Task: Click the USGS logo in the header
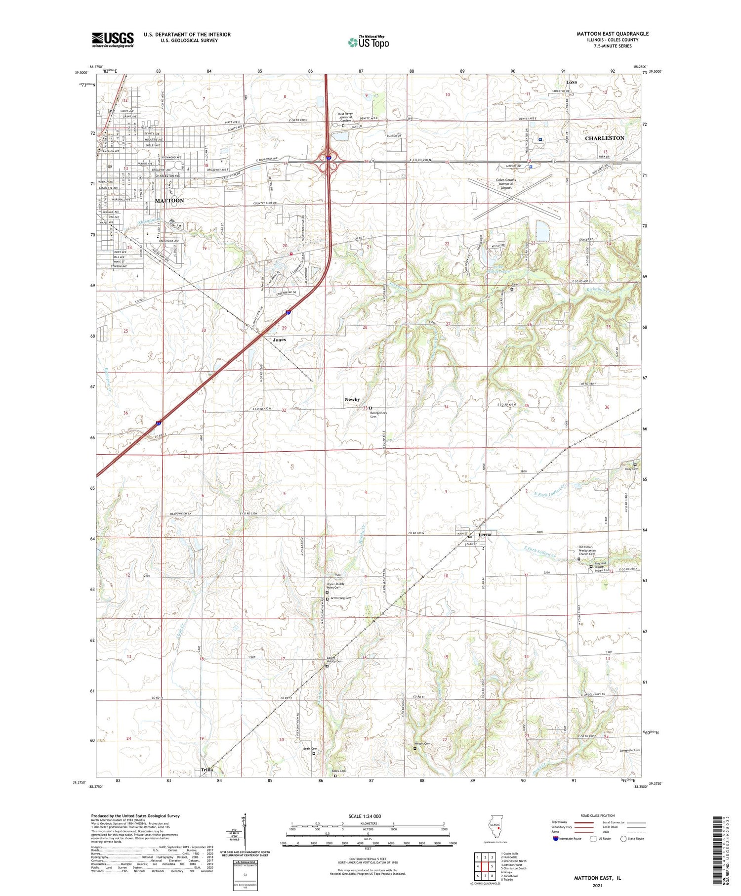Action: tap(113, 40)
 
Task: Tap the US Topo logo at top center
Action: tap(369, 43)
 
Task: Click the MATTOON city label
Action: tap(169, 201)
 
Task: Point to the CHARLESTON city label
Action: tap(605, 138)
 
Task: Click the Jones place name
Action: tap(280, 340)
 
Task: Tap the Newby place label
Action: tap(352, 399)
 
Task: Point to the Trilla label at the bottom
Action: tap(207, 769)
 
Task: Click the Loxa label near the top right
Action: tap(572, 82)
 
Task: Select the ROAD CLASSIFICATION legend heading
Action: tap(597, 816)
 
